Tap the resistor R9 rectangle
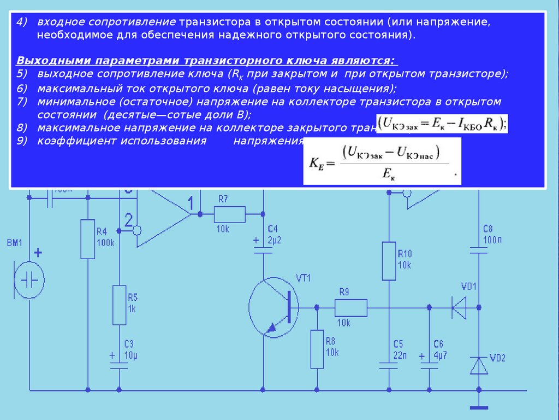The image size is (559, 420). [350, 308]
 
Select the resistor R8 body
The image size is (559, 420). [317, 349]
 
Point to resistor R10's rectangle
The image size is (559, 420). [389, 261]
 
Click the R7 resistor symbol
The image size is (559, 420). [229, 213]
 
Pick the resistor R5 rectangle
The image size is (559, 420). [119, 305]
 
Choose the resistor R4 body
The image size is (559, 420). [88, 239]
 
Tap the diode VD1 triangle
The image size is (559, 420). [459, 307]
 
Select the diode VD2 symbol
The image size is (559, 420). [479, 365]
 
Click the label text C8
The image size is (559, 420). [488, 229]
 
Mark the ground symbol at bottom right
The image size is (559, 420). [479, 407]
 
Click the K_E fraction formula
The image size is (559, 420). [382, 161]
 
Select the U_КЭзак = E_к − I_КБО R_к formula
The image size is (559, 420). [442, 123]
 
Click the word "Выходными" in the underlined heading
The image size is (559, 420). [45, 60]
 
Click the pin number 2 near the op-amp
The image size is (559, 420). [128, 220]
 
